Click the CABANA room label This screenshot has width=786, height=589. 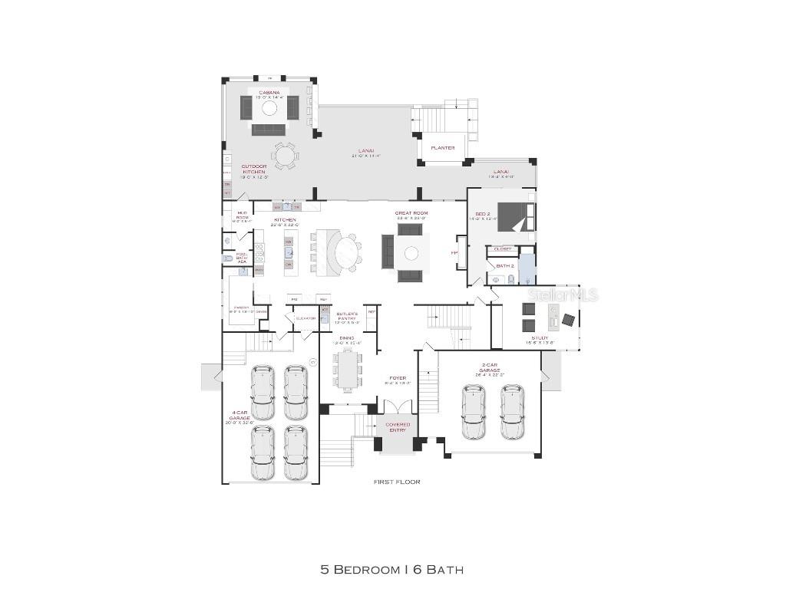click(x=269, y=93)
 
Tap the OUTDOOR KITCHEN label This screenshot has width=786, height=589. click(x=253, y=169)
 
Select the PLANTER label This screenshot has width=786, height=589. click(x=442, y=148)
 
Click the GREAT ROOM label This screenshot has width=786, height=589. click(x=411, y=213)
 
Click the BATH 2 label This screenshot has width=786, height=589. click(x=504, y=265)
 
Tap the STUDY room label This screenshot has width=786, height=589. click(x=540, y=337)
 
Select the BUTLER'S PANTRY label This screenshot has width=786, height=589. click(x=348, y=316)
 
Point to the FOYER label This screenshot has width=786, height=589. click(x=398, y=378)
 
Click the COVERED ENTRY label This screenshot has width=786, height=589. click(x=398, y=427)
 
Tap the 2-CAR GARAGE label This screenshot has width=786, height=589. click(x=490, y=370)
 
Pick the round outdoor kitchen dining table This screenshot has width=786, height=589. click(x=285, y=156)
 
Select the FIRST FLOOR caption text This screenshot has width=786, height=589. click(x=397, y=482)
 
